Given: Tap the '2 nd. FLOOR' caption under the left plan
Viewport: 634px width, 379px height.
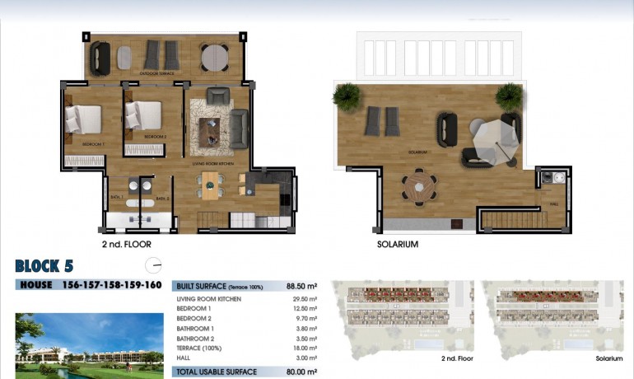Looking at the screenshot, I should [126, 245].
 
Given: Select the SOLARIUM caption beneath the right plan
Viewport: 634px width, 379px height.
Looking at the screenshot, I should [398, 245].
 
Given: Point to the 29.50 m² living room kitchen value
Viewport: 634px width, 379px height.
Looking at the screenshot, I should [305, 299].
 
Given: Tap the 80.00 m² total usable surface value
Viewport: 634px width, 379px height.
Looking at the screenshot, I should [303, 372].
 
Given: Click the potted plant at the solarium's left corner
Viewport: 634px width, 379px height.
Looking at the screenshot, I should [347, 96].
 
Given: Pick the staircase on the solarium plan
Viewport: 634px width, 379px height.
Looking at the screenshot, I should [514, 219].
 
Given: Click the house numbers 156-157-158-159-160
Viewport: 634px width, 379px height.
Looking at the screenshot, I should [112, 285].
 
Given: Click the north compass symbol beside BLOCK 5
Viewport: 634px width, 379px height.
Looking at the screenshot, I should [152, 265].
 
